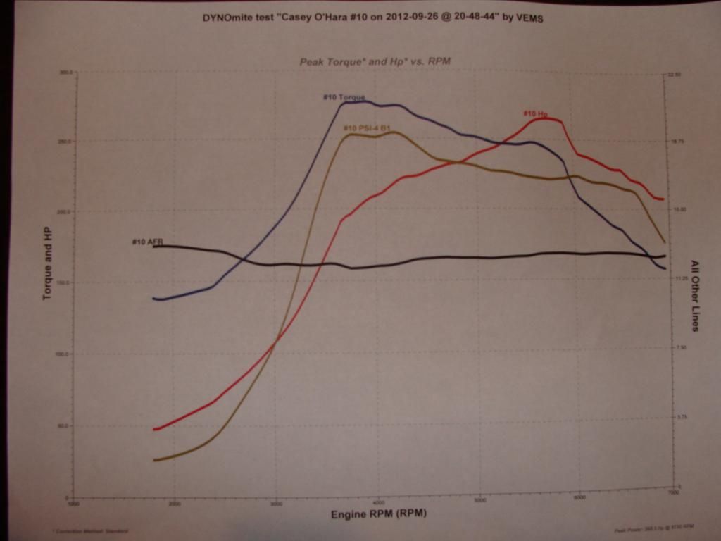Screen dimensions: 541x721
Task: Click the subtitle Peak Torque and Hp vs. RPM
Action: coord(375,61)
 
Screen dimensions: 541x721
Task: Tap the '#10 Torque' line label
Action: coord(344,97)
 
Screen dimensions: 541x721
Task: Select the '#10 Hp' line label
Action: coord(536,113)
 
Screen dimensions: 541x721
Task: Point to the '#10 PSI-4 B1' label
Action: coord(367,128)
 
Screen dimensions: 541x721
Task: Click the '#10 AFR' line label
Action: coord(147,242)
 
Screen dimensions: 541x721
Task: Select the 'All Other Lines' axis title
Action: coord(694,295)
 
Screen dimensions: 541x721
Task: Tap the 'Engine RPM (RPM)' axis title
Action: coord(379,514)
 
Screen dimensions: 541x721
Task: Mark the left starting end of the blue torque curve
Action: coord(154,299)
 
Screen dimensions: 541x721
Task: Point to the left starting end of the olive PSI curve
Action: coord(154,460)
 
